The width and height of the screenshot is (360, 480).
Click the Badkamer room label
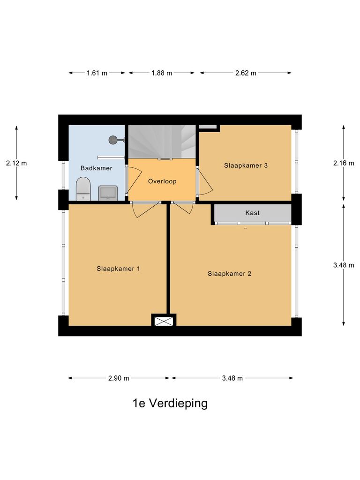click(x=96, y=168)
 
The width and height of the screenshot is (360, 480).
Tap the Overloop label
click(x=162, y=181)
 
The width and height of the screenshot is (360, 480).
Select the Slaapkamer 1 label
click(x=119, y=269)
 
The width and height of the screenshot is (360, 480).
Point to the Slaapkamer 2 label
click(x=229, y=273)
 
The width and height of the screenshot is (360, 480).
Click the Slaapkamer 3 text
click(x=246, y=165)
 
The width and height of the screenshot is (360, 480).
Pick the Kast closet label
click(x=252, y=213)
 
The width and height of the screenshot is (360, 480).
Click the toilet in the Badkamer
click(x=83, y=188)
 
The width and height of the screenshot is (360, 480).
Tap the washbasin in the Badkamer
click(x=108, y=193)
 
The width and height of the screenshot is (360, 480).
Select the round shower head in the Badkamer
click(x=113, y=139)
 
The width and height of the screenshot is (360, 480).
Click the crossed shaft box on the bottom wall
click(x=164, y=321)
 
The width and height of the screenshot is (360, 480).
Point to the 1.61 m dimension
click(x=97, y=73)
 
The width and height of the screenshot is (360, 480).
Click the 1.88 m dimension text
click(x=161, y=73)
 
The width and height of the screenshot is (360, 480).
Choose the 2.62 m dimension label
click(x=246, y=73)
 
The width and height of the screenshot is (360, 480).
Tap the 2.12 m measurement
click(x=16, y=163)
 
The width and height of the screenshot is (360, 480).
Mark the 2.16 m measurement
click(x=344, y=163)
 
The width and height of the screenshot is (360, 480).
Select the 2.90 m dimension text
click(x=118, y=378)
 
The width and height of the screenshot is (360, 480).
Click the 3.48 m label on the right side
click(x=344, y=265)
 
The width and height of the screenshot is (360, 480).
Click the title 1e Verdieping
click(x=170, y=403)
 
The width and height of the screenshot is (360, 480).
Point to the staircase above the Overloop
click(x=162, y=142)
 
